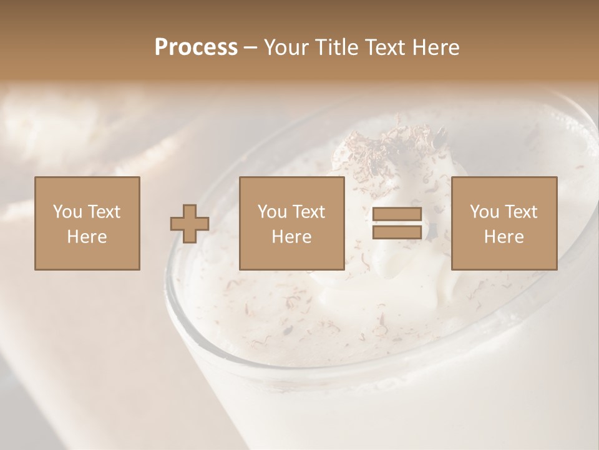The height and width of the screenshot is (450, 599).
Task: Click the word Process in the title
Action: [196, 47]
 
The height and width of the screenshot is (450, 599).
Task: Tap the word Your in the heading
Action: [286, 47]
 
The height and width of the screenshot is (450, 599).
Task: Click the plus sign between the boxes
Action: [190, 223]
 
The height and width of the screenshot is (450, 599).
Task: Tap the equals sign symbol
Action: [397, 223]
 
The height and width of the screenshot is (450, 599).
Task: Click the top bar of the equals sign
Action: [397, 214]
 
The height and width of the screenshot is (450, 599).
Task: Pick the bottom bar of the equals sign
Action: [397, 232]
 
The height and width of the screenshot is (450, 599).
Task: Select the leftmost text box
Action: [87, 223]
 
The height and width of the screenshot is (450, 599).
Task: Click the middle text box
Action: [292, 223]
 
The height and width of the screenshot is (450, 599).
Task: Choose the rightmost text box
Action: [504, 223]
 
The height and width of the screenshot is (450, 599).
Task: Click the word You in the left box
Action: [67, 212]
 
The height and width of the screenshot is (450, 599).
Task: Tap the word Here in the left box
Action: [87, 237]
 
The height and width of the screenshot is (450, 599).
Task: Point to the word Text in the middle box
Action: [309, 212]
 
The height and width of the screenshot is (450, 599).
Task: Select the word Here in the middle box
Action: [292, 237]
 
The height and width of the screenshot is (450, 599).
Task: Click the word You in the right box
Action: [484, 212]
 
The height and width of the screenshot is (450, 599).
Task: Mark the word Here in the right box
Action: [504, 237]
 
